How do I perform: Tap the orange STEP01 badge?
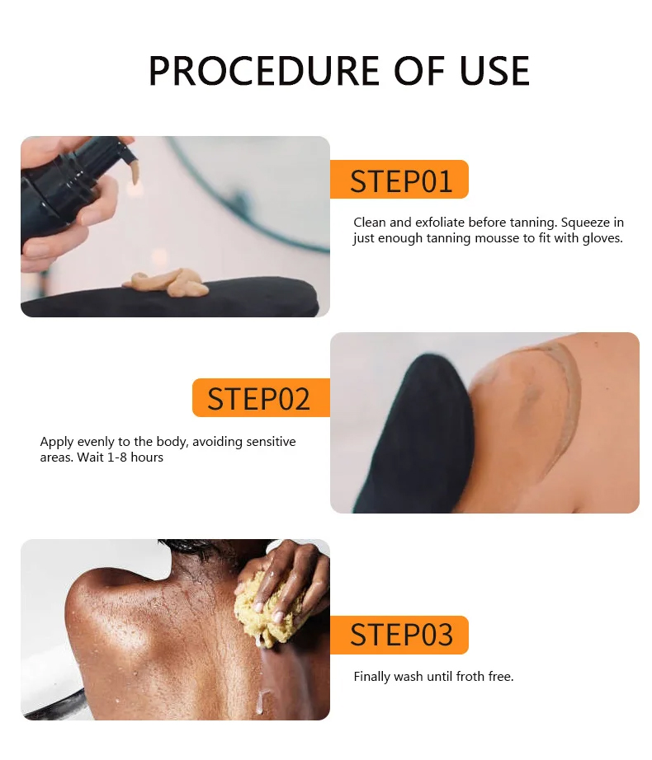(399, 180)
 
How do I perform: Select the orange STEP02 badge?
(260, 398)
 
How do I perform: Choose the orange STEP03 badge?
(399, 635)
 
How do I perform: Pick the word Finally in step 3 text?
(374, 677)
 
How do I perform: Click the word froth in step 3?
(470, 677)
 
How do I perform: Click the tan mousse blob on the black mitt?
(168, 283)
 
